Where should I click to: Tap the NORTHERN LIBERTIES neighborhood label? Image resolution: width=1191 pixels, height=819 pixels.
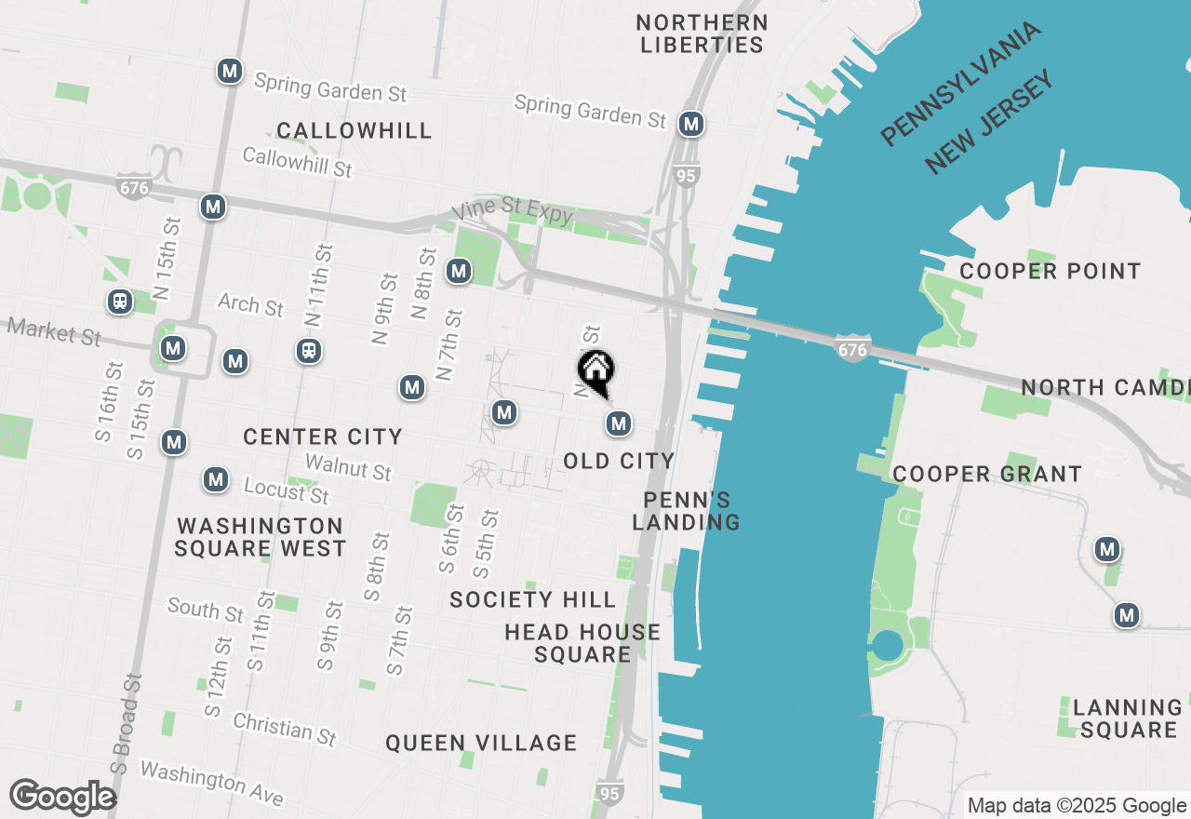pos(703,34)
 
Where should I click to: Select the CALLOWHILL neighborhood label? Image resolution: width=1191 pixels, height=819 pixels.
pos(355,130)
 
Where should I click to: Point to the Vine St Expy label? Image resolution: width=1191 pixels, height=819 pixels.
pos(512,212)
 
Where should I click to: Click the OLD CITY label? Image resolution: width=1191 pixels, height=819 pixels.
pos(619,461)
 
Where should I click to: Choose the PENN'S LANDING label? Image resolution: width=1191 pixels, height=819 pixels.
pos(687,511)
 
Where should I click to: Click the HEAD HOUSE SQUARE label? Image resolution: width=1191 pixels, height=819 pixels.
pos(582,643)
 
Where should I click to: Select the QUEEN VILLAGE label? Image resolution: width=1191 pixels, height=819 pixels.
pos(481,743)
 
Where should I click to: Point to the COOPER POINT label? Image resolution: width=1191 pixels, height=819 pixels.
pos(1050,271)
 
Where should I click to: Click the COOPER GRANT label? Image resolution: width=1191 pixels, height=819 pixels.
pos(987,474)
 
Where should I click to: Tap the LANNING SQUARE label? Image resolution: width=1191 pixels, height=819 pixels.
pos(1128,718)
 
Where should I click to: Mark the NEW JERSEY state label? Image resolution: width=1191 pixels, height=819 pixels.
pos(990,121)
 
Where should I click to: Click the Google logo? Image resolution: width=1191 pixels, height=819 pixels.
pos(62,798)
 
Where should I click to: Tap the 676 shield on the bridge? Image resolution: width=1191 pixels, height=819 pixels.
pos(851,349)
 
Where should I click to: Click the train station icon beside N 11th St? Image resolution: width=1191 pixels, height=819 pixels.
pos(309,351)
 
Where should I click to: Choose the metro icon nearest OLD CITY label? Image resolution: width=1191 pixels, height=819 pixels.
pos(619,424)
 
